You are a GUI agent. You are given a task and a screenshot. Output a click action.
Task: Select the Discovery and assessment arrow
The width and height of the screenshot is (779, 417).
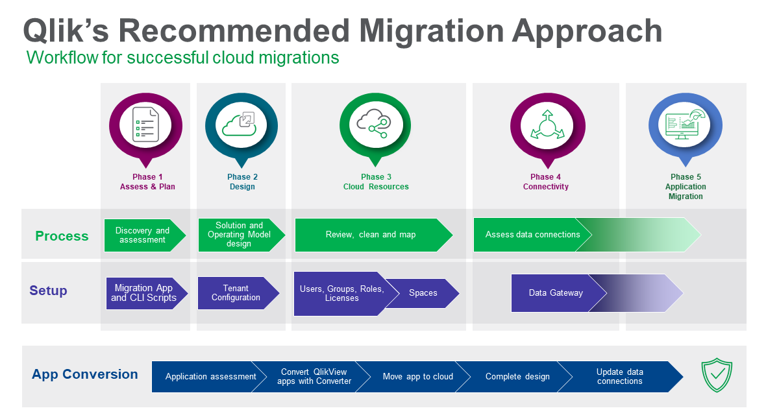[143, 235]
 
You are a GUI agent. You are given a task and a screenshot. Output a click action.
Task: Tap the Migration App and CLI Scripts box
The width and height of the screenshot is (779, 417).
[143, 293]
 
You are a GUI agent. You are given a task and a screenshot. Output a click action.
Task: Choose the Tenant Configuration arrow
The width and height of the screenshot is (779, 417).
[236, 293]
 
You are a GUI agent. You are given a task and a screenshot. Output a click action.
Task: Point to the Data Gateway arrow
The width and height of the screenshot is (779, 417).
[556, 293]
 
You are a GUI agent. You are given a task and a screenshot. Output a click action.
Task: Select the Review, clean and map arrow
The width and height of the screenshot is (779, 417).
[371, 235]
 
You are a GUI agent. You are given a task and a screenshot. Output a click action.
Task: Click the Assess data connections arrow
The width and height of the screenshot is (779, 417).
[532, 235]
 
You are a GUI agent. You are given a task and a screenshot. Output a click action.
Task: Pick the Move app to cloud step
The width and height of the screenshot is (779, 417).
[418, 377]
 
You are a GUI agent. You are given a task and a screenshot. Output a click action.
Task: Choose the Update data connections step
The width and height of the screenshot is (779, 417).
[620, 377]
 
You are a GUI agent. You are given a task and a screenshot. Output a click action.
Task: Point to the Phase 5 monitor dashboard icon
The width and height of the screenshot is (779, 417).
[685, 124]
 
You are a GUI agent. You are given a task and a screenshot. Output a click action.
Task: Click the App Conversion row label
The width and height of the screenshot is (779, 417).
[84, 374]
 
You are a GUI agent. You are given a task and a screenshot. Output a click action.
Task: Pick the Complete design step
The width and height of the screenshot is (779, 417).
[517, 377]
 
